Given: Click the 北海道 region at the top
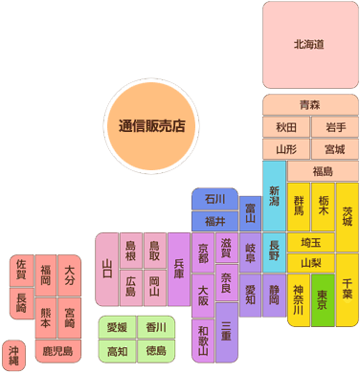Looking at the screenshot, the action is click(x=309, y=45).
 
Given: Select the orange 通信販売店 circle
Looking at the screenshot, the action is click(x=152, y=125).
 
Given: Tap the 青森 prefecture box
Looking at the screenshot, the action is click(x=309, y=104).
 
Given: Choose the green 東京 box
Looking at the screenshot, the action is click(x=323, y=299).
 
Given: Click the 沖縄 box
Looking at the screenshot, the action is click(x=13, y=355).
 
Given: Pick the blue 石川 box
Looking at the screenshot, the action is click(x=214, y=199).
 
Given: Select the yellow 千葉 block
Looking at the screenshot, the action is click(x=347, y=287).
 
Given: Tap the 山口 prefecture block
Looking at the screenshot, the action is click(x=107, y=269).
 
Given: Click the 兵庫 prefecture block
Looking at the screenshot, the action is click(x=179, y=269).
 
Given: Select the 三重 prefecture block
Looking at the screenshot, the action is click(x=226, y=331).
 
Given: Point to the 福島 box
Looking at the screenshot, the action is click(x=323, y=171).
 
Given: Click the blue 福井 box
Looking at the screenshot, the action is click(x=214, y=221).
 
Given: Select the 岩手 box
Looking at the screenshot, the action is click(x=334, y=126).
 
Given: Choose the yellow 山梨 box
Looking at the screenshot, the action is click(x=310, y=262).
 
